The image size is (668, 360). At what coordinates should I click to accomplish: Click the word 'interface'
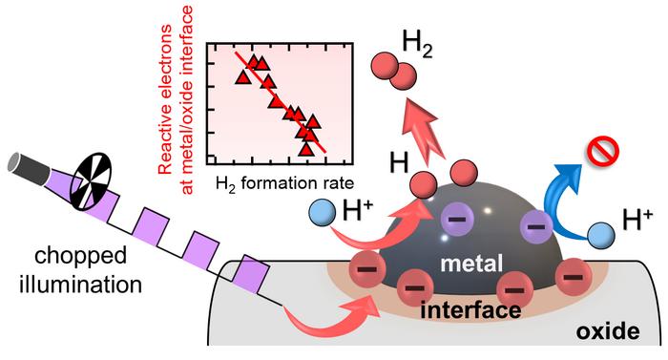[x=466, y=310]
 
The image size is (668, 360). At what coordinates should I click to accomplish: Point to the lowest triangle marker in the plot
[x=306, y=148]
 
